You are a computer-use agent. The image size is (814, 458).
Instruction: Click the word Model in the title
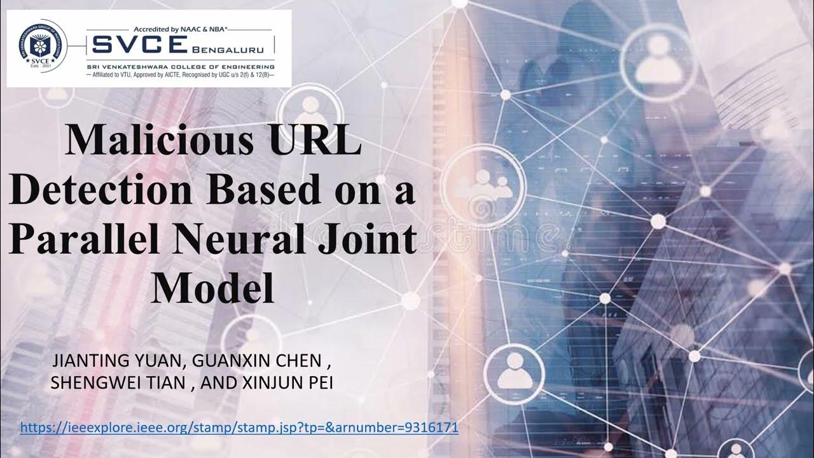coord(212,288)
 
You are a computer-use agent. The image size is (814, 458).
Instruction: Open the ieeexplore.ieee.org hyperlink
coord(239,427)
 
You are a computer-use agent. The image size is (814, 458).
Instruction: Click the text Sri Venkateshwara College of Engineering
coord(181,66)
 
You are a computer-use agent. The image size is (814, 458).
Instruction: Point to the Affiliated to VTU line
coord(181,75)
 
